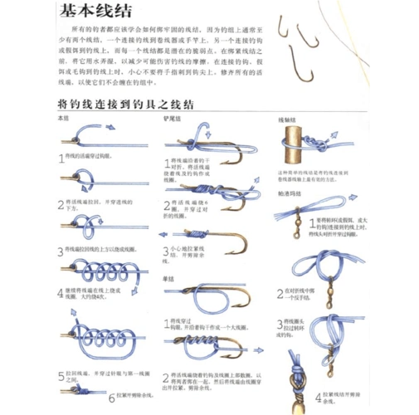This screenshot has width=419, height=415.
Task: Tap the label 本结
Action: pyautogui.click(x=63, y=120)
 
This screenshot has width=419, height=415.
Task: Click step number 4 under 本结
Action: pyautogui.click(x=61, y=292)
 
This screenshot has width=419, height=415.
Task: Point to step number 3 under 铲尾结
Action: pyautogui.click(x=166, y=248)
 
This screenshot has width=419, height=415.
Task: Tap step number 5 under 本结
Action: pyautogui.click(x=61, y=375)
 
